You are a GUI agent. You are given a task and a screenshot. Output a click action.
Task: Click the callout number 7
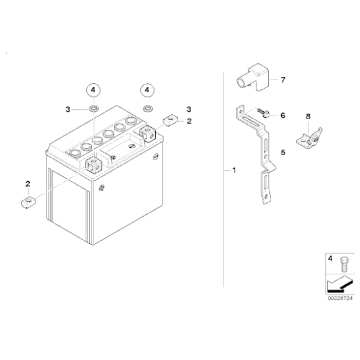[x=283, y=80]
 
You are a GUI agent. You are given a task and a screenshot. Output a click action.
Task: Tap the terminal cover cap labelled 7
[x=253, y=78]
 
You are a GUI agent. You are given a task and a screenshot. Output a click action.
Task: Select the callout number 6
[x=283, y=115]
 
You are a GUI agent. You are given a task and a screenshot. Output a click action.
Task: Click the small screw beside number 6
[x=263, y=113]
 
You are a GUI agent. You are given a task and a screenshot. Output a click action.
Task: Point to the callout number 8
[x=308, y=117]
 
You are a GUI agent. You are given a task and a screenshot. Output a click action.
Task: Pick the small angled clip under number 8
[x=309, y=138]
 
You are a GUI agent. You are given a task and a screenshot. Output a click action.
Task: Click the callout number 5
[x=283, y=153]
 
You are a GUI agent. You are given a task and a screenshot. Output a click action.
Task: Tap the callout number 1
[x=234, y=170]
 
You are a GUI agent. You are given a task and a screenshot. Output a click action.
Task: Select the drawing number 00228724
[x=340, y=299]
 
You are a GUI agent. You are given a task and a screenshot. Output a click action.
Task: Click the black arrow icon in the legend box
[x=340, y=284]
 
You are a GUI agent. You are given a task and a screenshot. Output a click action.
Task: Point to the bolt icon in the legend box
[x=344, y=264]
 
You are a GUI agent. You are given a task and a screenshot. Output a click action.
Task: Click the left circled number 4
[x=93, y=90]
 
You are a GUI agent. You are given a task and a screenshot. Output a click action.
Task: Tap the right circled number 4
[x=147, y=90]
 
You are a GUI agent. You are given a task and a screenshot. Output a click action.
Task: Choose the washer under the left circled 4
[x=94, y=108]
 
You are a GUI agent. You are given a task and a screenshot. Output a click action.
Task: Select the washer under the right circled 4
[x=148, y=107]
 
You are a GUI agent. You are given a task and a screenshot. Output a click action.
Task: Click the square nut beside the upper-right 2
[x=170, y=121]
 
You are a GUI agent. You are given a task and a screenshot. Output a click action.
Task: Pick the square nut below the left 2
[x=28, y=203]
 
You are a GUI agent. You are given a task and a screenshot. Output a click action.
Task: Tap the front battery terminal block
[x=94, y=166]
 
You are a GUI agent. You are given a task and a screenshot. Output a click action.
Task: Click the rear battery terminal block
[x=147, y=134]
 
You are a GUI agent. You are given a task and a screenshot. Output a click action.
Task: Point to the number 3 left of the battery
[x=68, y=109]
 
